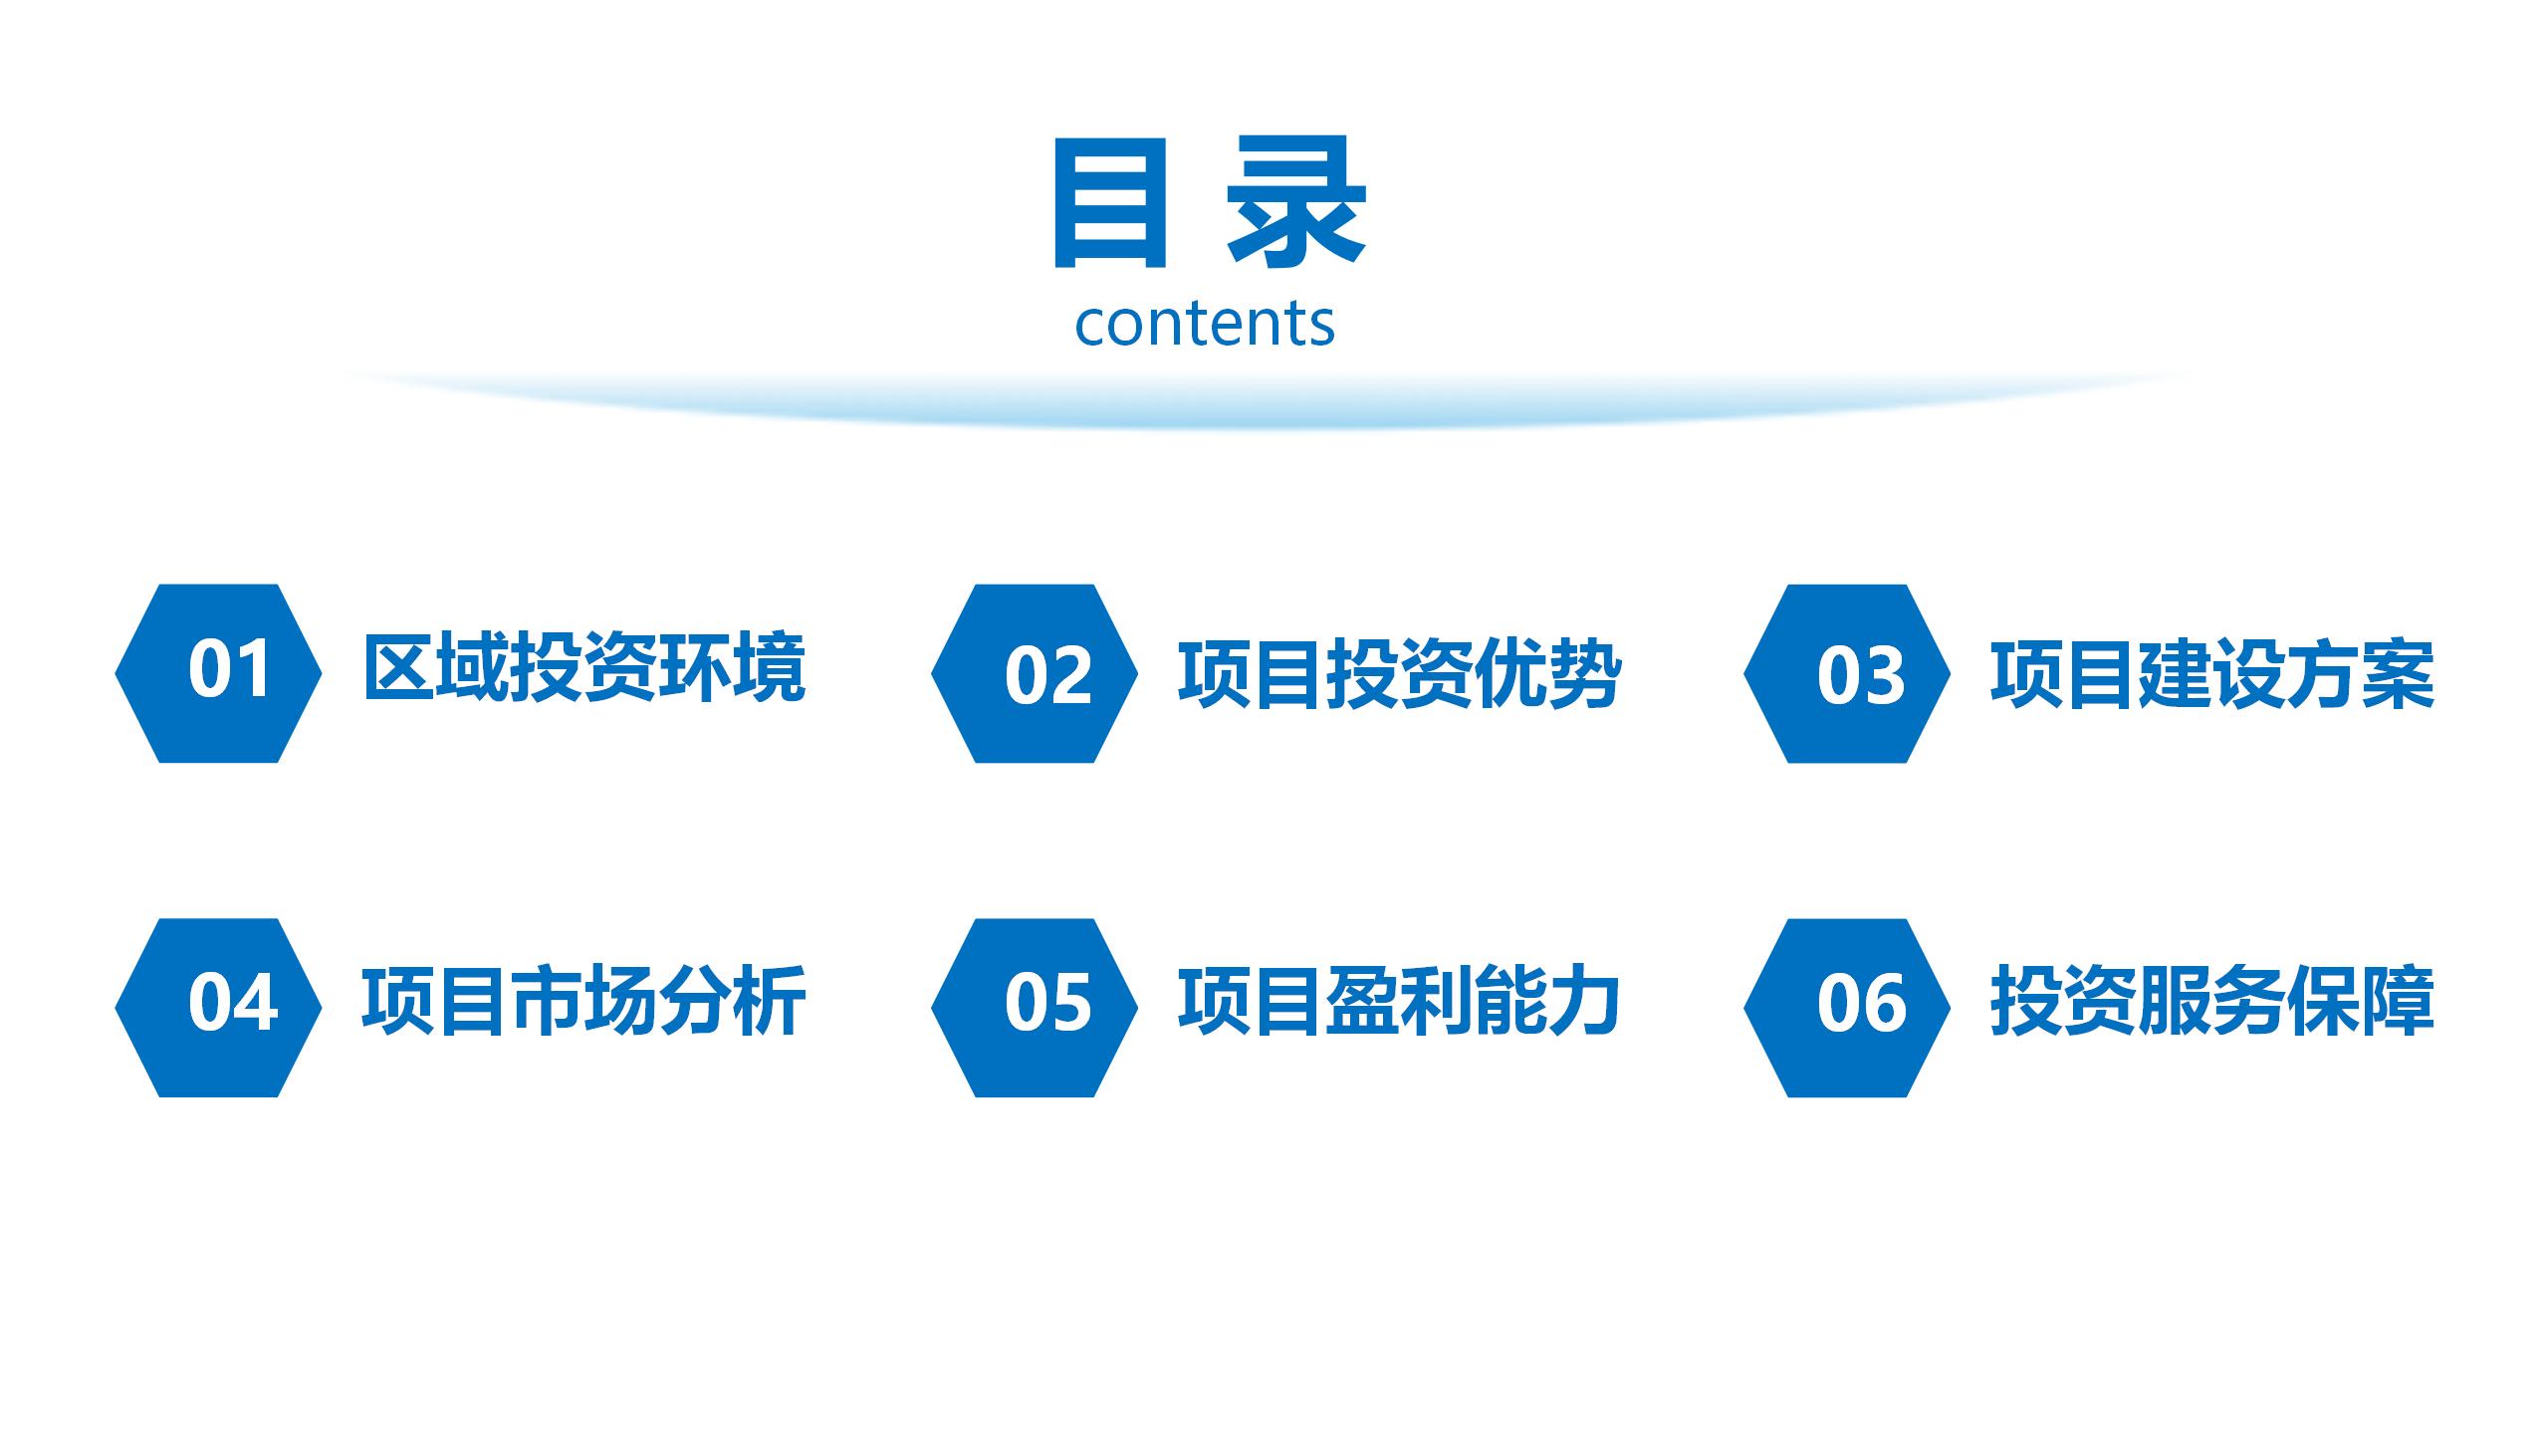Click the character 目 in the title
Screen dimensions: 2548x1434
click(1109, 204)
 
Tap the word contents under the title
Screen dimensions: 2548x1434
click(1205, 324)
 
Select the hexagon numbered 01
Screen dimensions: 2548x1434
click(218, 673)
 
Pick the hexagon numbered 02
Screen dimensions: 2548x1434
click(1035, 673)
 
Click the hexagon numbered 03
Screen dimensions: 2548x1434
click(1847, 673)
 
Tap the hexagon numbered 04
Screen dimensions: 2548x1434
click(218, 1008)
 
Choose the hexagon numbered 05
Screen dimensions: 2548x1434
click(1035, 1008)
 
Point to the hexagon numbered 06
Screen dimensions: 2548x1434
click(1847, 1008)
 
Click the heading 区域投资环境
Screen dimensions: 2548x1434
click(584, 668)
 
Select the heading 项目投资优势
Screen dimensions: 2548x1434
click(1400, 674)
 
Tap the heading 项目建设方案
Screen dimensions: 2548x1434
click(2212, 674)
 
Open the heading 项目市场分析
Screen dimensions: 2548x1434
click(584, 1001)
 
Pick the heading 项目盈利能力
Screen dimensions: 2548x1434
click(1400, 1001)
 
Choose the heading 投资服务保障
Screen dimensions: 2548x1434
click(2212, 1001)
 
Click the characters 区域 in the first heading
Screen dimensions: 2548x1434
click(436, 668)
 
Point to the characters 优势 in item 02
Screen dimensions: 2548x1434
click(1548, 674)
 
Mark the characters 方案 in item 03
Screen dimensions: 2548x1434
click(2361, 674)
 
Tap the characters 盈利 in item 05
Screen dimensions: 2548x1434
click(1400, 1001)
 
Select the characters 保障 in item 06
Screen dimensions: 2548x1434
click(2361, 1001)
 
